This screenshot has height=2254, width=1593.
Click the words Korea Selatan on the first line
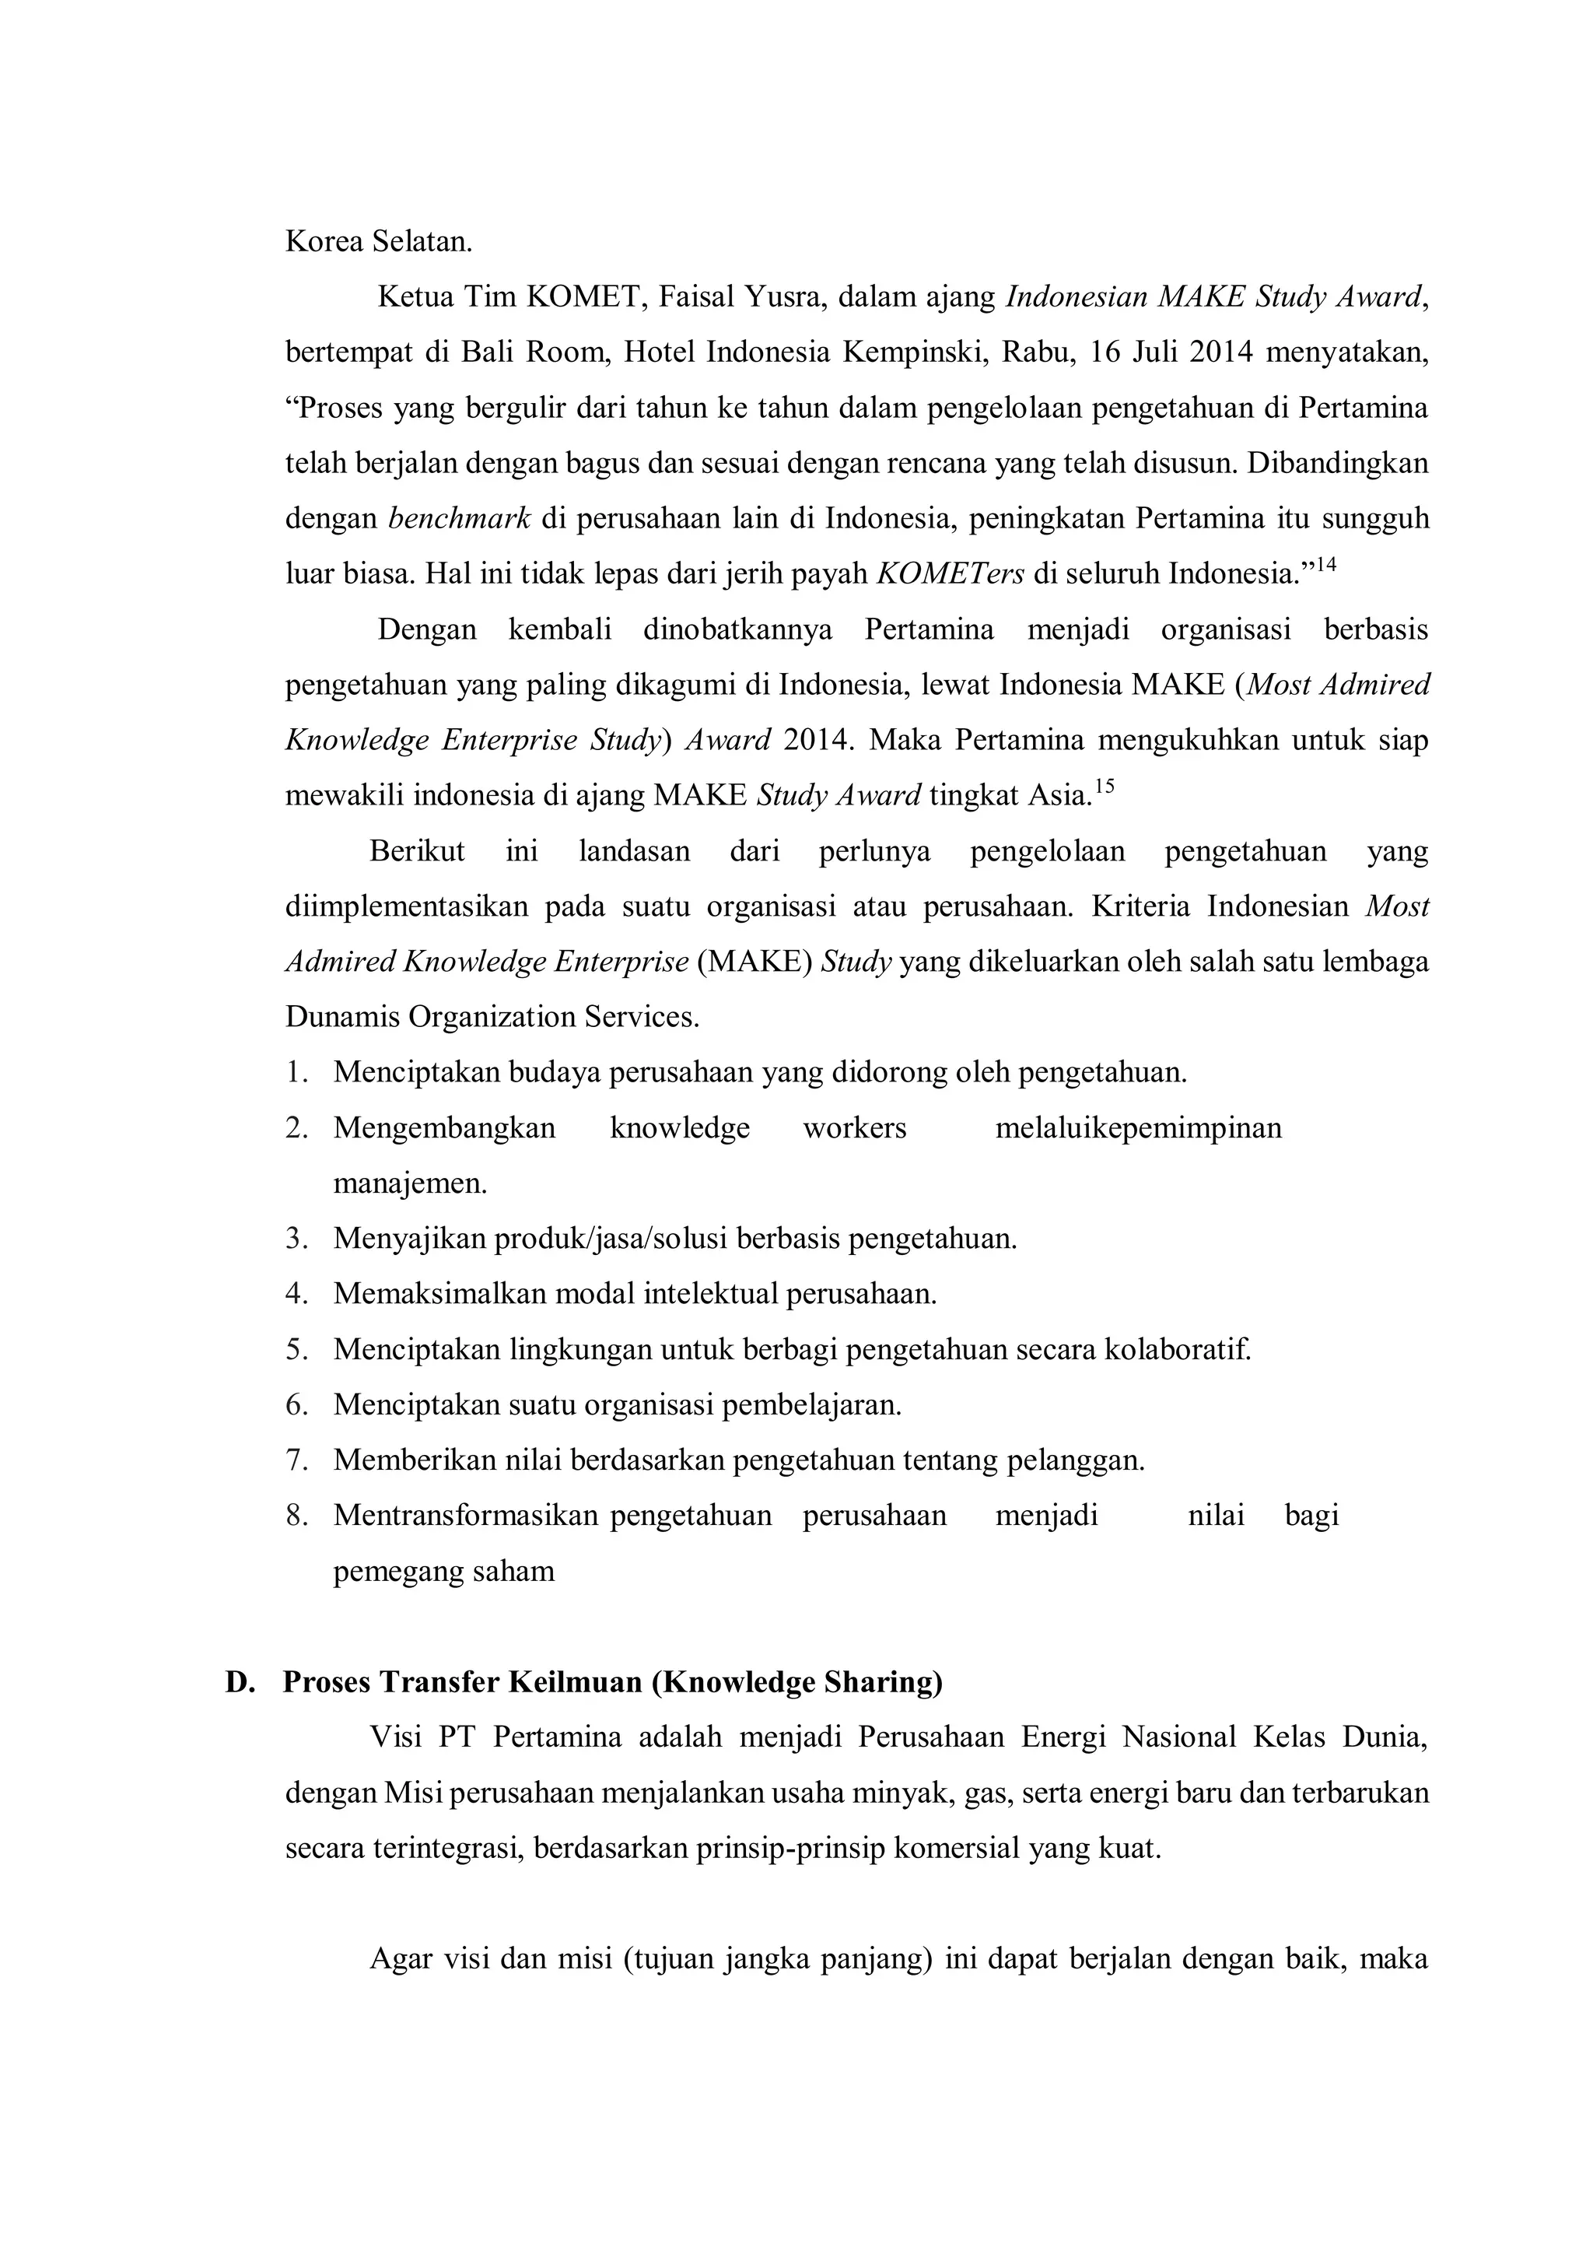[x=378, y=241]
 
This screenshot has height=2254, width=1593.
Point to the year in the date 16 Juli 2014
[x=1220, y=352]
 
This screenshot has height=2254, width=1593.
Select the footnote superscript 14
[x=1325, y=565]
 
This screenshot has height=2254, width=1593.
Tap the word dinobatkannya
[x=737, y=629]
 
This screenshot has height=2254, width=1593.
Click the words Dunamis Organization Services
[x=492, y=1016]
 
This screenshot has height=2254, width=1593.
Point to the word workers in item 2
[x=854, y=1128]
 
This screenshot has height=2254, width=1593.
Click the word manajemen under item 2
[x=409, y=1184]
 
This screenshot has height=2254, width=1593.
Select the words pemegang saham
[x=443, y=1572]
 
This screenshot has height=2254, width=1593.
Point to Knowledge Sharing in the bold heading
[x=796, y=1683]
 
